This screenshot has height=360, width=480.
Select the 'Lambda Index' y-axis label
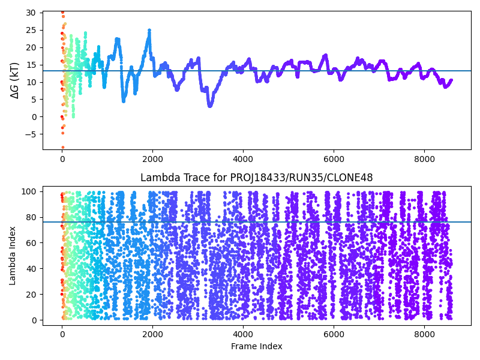[x=13, y=256]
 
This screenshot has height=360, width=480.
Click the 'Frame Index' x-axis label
[x=256, y=346]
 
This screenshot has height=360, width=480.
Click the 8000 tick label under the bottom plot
[x=424, y=334]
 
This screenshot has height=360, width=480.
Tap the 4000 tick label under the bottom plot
[x=243, y=334]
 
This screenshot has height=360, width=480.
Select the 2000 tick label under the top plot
[x=152, y=159]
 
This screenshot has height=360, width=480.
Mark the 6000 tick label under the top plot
[x=334, y=159]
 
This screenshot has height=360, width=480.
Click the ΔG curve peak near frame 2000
[x=149, y=30]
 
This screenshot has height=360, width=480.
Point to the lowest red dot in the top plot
[x=62, y=147]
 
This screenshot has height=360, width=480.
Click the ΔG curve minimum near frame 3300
[x=210, y=106]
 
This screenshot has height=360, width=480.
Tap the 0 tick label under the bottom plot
[x=62, y=334]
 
